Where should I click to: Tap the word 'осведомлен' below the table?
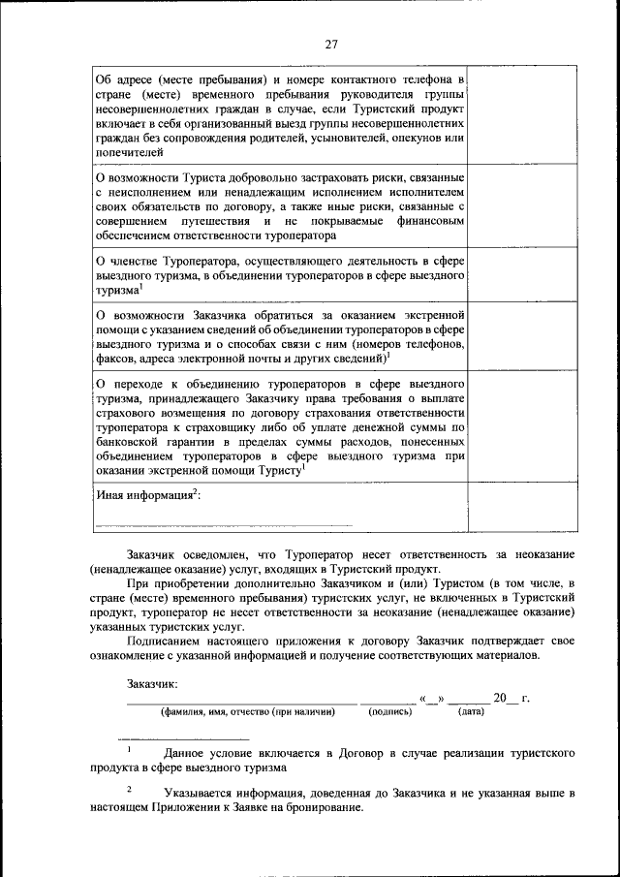pos(215,553)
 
